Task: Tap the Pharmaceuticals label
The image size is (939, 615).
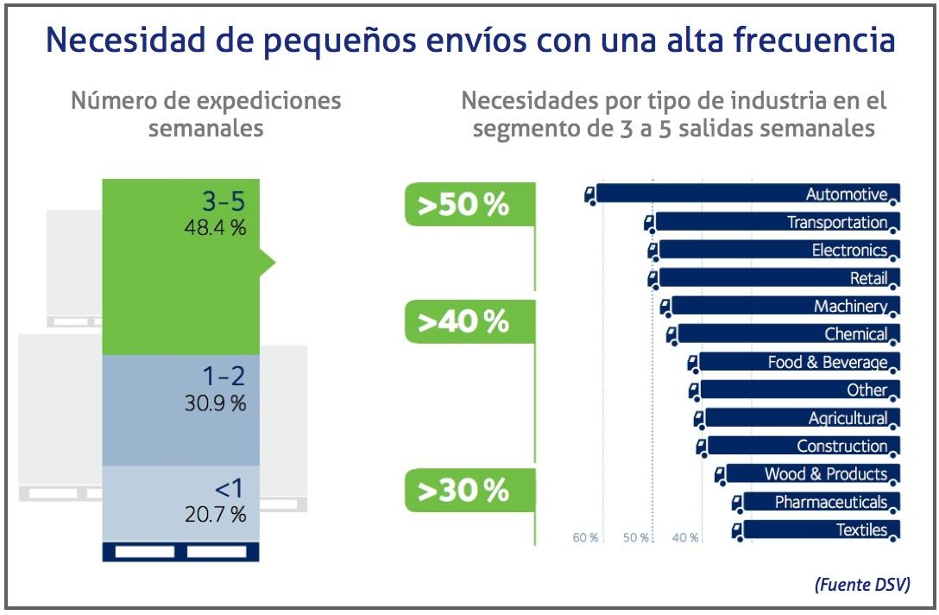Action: click(x=830, y=502)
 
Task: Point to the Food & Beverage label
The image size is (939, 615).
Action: click(x=827, y=362)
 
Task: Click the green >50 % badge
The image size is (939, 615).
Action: click(x=463, y=206)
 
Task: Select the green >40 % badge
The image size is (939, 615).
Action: click(x=463, y=322)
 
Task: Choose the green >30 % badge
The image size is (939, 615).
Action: click(x=463, y=491)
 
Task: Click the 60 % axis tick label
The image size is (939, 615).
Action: click(x=585, y=538)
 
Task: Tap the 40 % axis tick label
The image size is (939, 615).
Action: click(x=685, y=538)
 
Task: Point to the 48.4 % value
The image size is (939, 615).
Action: click(x=215, y=228)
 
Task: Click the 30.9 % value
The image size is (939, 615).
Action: click(x=215, y=403)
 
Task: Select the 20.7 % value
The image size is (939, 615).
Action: click(x=215, y=514)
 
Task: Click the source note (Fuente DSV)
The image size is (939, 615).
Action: click(x=862, y=585)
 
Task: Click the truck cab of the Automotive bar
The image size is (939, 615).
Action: click(x=590, y=195)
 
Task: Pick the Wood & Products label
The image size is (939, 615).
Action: click(x=825, y=473)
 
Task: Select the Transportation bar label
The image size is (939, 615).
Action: click(x=836, y=222)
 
